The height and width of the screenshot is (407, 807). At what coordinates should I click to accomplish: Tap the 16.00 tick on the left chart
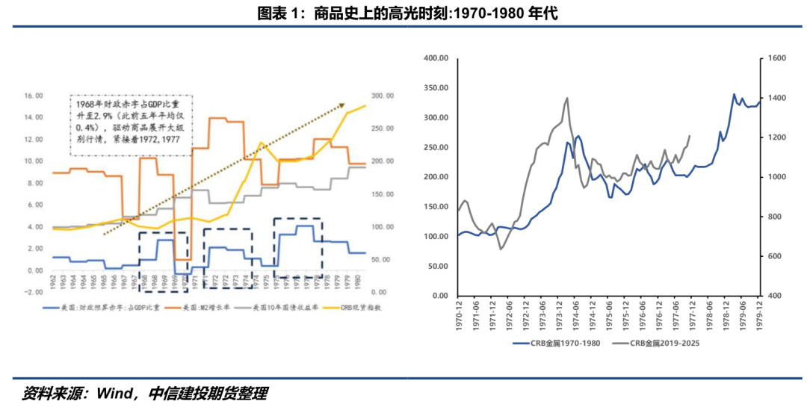click(x=34, y=96)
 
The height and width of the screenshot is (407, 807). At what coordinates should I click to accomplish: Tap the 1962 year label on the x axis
click(x=53, y=282)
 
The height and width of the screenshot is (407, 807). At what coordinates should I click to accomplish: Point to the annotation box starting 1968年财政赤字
click(x=131, y=125)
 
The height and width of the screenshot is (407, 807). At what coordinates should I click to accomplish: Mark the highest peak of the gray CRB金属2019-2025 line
click(x=567, y=98)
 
